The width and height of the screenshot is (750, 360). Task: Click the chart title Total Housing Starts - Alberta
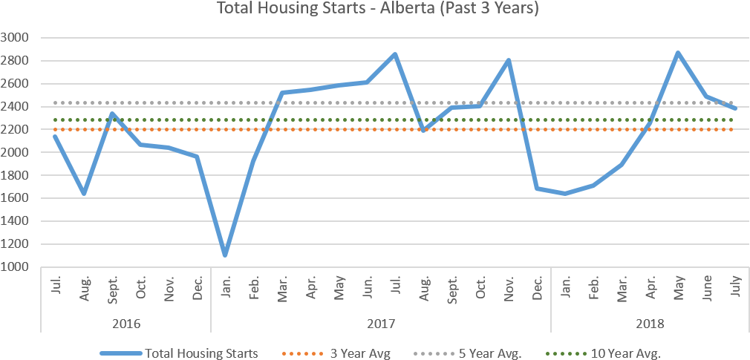[377, 9]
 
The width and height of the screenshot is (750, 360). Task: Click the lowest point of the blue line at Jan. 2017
[224, 255]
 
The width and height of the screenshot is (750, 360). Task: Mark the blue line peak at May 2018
[677, 53]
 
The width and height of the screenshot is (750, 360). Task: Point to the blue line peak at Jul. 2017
[395, 53]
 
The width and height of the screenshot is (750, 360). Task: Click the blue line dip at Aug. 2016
[84, 194]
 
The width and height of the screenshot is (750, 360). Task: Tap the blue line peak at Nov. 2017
[509, 59]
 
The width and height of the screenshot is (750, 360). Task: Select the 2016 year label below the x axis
[126, 324]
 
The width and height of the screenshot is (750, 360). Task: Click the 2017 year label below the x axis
[381, 324]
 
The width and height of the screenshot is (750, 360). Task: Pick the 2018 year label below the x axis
[650, 324]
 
